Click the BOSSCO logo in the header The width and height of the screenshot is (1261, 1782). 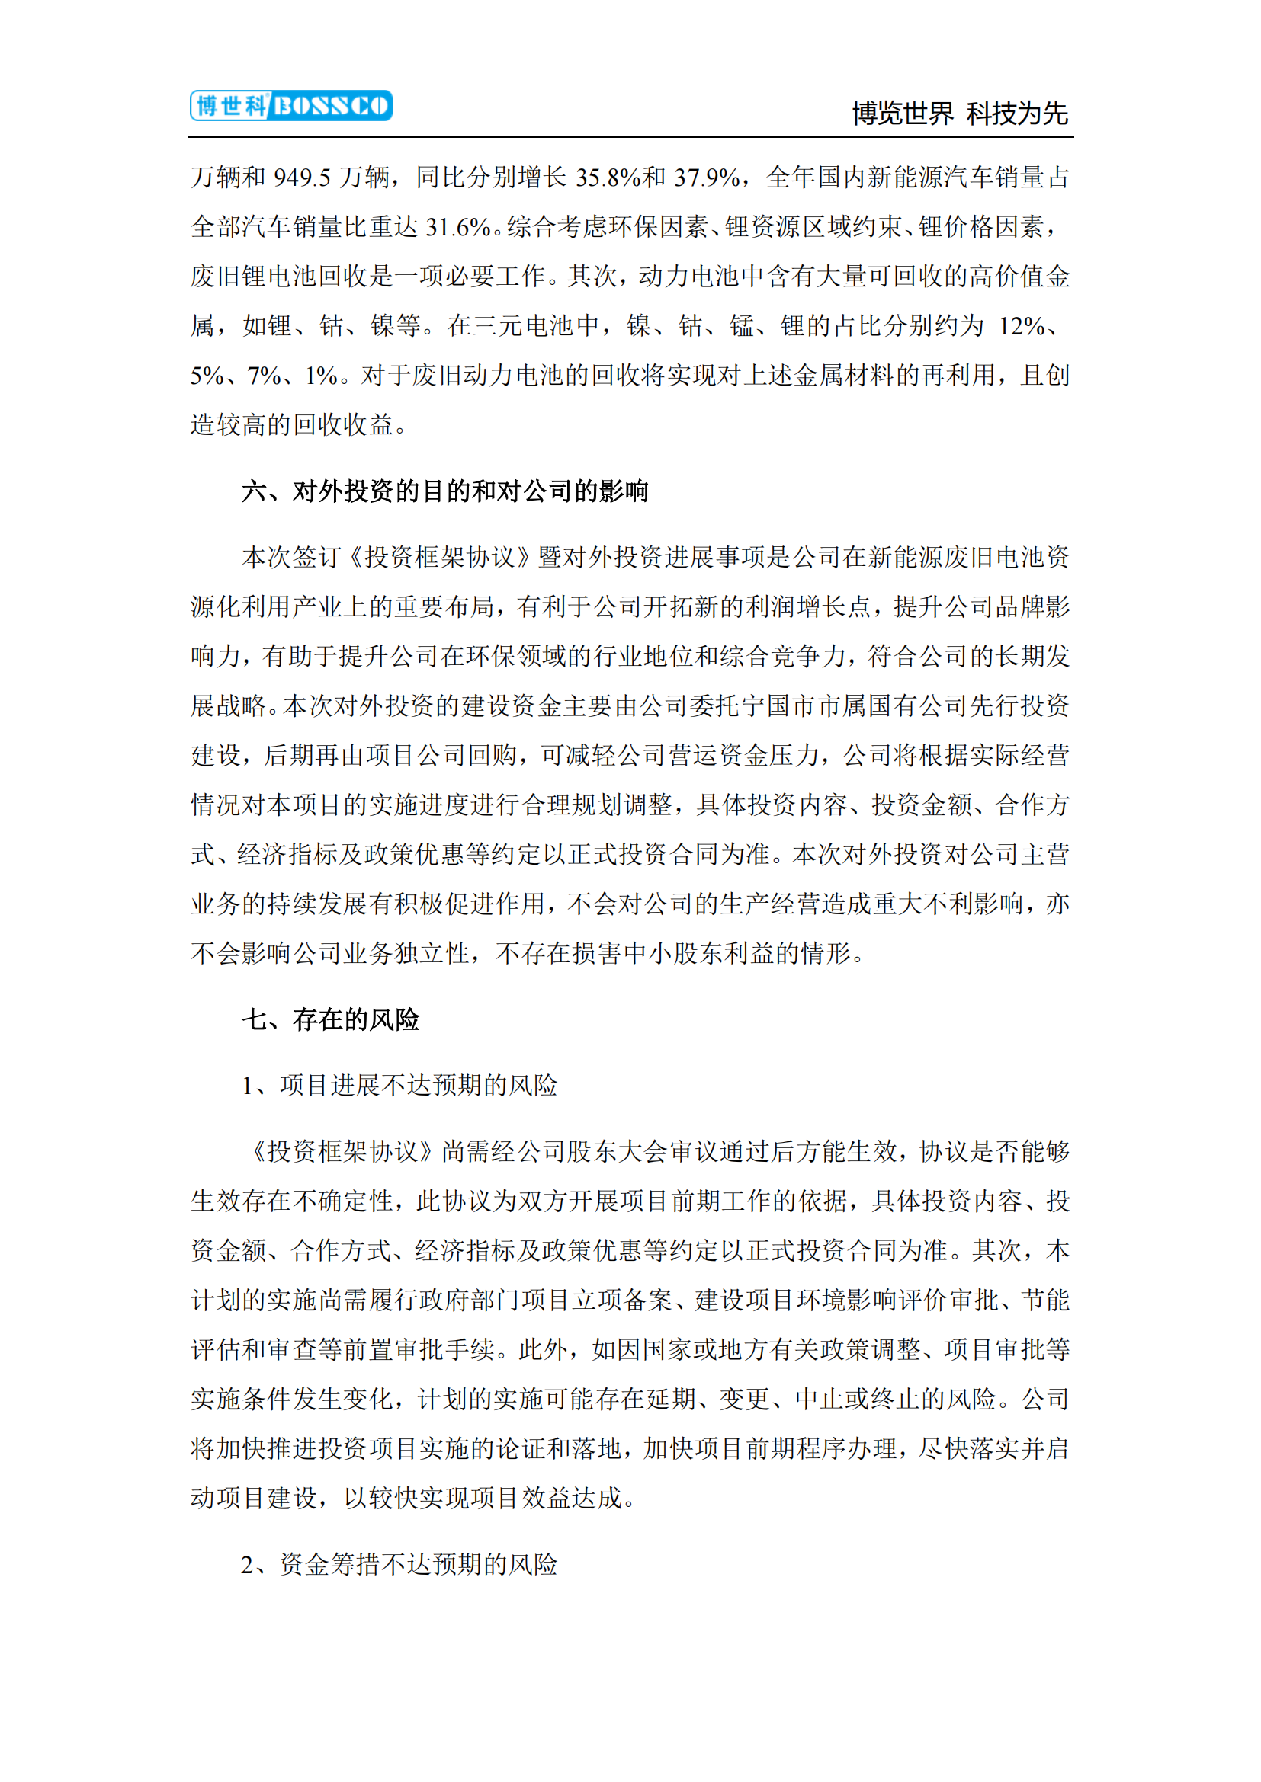pos(291,106)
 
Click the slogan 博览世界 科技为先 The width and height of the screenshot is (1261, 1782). pos(960,114)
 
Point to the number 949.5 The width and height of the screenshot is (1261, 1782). pos(302,178)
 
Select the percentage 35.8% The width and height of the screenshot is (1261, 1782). pos(608,178)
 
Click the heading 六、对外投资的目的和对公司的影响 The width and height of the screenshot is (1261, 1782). pos(445,491)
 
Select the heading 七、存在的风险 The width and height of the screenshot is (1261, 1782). pos(331,1019)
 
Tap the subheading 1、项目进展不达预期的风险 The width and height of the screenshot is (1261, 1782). pos(399,1085)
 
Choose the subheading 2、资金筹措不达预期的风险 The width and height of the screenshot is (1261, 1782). pos(399,1564)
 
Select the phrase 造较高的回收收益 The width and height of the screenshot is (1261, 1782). pos(292,424)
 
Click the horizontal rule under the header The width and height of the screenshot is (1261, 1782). pos(630,137)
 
